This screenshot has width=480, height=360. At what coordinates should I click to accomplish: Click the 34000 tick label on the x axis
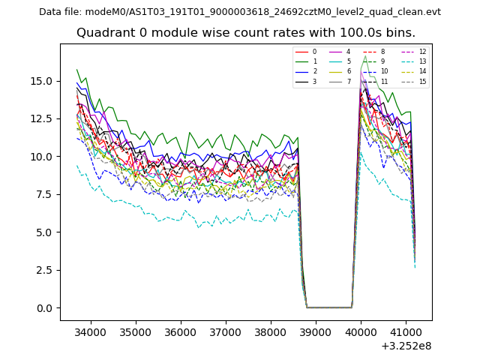coord(91,331)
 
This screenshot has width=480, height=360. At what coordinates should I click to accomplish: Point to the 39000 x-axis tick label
coord(315,331)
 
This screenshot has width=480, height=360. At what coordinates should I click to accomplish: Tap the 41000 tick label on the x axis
coord(405,331)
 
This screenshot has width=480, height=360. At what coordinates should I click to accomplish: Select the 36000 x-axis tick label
coord(181,331)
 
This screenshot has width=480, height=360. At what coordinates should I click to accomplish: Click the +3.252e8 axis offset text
coord(406,346)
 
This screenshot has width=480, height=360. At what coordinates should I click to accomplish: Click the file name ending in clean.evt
coord(263,12)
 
